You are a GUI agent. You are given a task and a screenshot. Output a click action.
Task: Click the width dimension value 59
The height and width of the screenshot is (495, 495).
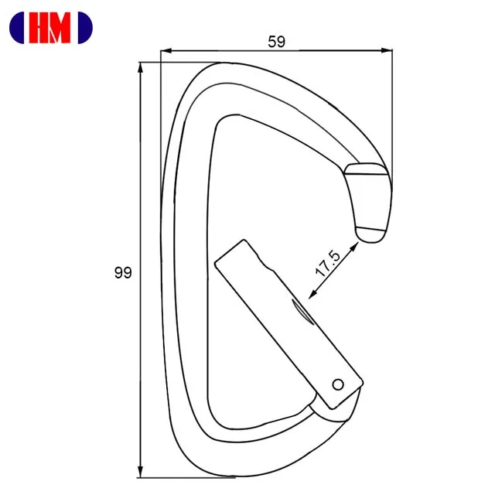pyautogui.click(x=276, y=42)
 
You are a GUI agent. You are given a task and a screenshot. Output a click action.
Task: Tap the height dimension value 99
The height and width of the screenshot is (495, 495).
pyautogui.click(x=122, y=272)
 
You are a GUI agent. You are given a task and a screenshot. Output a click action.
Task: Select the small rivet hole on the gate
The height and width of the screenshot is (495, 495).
pyautogui.click(x=337, y=384)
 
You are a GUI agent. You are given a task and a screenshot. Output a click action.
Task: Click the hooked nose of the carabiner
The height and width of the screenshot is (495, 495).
pyautogui.click(x=370, y=203)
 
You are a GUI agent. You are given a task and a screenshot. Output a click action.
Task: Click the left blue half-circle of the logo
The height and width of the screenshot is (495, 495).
pyautogui.click(x=16, y=28)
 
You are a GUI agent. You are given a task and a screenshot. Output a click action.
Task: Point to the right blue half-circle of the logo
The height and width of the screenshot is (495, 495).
pyautogui.click(x=86, y=28)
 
